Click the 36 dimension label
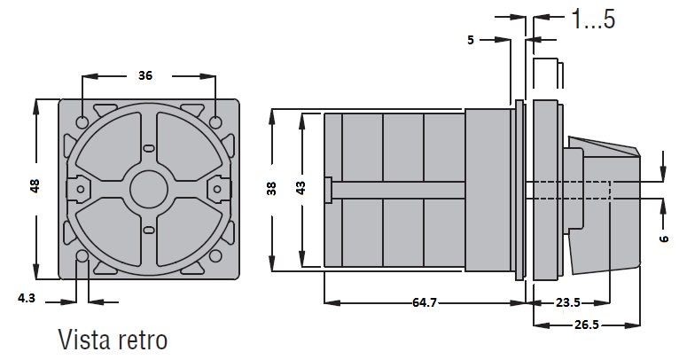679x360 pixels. click(145, 75)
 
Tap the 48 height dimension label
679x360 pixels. click(35, 186)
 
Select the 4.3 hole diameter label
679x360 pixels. click(27, 298)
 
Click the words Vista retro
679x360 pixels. click(113, 340)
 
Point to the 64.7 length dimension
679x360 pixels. click(425, 302)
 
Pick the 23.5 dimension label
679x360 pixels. click(567, 302)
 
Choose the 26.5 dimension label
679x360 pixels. click(586, 325)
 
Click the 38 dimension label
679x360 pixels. click(271, 189)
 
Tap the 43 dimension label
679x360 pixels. click(300, 188)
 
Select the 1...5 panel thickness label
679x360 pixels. click(593, 19)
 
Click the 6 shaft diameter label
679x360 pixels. click(664, 239)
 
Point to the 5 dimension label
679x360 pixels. click(471, 40)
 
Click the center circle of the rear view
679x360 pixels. click(149, 189)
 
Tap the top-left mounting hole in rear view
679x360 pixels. click(82, 122)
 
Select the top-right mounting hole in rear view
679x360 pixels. click(215, 122)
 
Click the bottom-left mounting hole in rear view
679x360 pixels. click(82, 255)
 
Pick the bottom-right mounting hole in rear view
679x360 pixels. click(215, 255)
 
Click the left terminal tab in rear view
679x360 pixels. click(79, 189)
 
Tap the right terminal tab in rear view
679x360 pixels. click(219, 189)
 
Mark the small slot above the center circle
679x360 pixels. click(149, 149)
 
